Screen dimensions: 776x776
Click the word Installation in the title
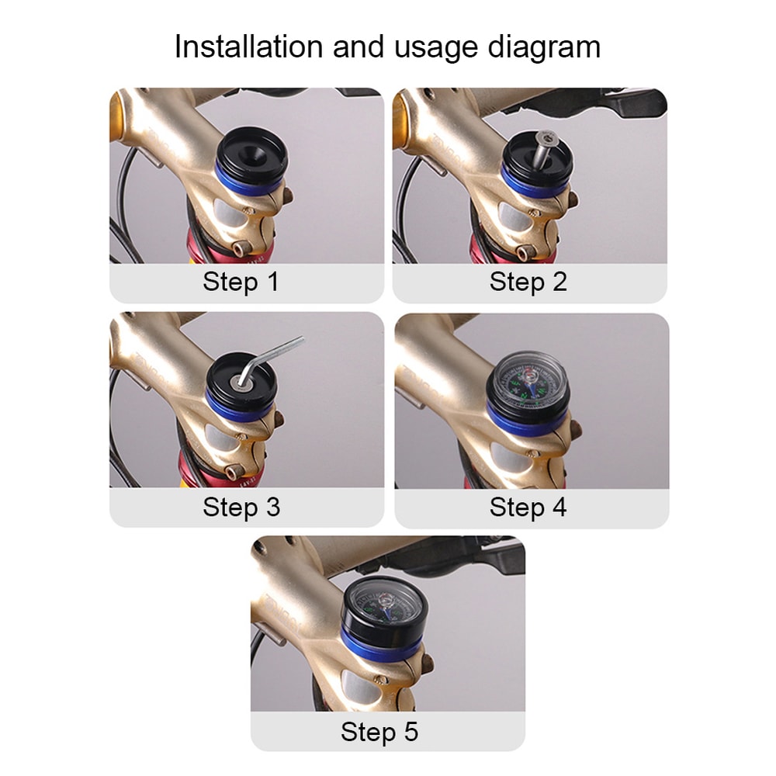pyautogui.click(x=249, y=47)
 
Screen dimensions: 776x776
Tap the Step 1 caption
pyautogui.click(x=241, y=282)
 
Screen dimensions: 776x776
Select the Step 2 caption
pyautogui.click(x=528, y=282)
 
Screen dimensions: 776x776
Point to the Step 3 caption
pyautogui.click(x=241, y=508)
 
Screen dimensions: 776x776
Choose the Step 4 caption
pyautogui.click(x=528, y=508)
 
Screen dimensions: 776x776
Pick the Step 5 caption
pyautogui.click(x=379, y=732)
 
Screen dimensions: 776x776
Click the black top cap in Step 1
pyautogui.click(x=252, y=148)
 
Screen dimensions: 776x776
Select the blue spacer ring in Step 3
pyautogui.click(x=240, y=405)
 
